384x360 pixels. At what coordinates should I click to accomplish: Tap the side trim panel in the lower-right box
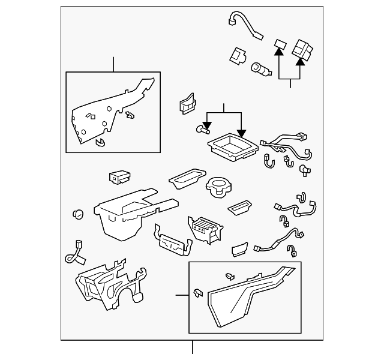tap(246, 297)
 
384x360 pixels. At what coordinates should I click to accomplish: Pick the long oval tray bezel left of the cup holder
tap(187, 177)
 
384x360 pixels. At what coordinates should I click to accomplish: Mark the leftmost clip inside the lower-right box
tap(197, 293)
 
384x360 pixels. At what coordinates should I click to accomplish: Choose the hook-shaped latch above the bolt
tap(187, 104)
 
